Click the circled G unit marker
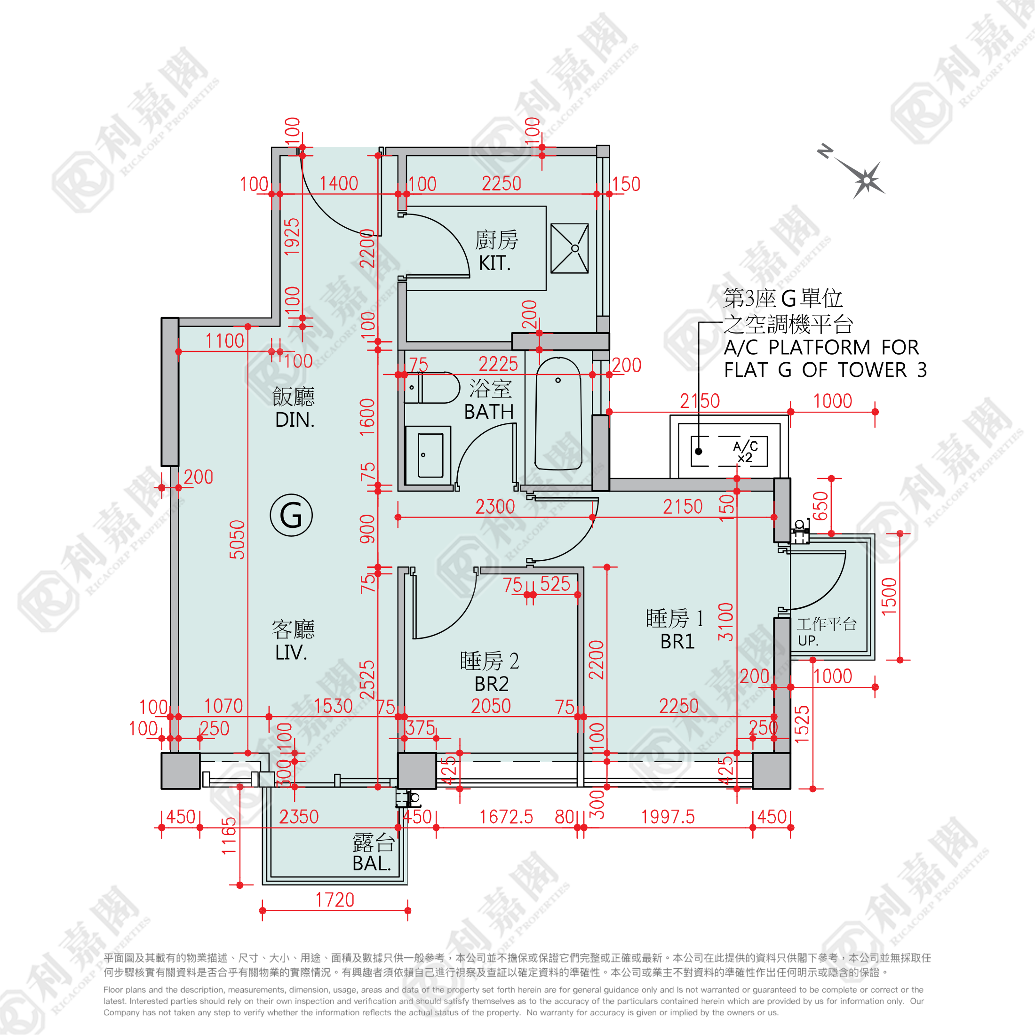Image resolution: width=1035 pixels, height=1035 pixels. [x=291, y=515]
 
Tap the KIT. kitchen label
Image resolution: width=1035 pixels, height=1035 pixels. [x=494, y=263]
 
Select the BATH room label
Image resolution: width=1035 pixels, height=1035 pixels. [x=489, y=412]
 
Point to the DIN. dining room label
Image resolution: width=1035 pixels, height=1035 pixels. [x=294, y=420]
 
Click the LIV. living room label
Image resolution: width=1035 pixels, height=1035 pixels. [x=291, y=653]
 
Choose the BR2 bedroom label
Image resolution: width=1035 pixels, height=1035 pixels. [x=491, y=684]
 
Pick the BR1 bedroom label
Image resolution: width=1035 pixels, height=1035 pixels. [x=677, y=641]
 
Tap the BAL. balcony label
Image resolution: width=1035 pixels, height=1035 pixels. [x=371, y=864]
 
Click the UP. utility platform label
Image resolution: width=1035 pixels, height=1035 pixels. [x=808, y=640]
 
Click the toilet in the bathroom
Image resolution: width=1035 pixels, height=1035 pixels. [x=432, y=388]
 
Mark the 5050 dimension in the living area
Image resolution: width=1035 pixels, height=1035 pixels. [x=237, y=540]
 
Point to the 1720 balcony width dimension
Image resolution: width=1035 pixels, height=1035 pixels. [x=335, y=900]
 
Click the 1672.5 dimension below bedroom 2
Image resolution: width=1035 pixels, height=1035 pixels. [x=506, y=817]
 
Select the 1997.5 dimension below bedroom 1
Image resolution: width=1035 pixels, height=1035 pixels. [x=668, y=817]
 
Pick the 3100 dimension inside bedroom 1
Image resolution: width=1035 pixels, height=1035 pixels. [x=725, y=621]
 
